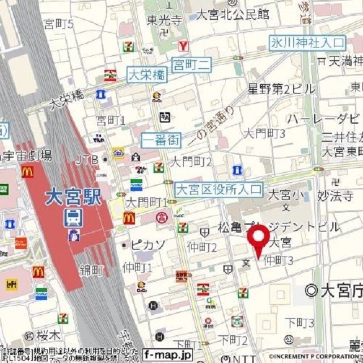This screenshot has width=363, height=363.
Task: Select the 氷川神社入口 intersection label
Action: point(307,43)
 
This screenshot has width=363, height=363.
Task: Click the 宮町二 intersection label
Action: point(192,65)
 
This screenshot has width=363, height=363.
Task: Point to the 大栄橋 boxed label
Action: point(147,75)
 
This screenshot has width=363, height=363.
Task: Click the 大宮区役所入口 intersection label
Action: point(218,189)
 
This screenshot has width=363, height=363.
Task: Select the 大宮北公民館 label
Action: point(232,15)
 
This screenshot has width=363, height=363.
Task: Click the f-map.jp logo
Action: point(168,355)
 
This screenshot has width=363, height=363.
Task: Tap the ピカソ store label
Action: point(148,245)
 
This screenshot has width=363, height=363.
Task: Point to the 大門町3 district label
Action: point(264,133)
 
